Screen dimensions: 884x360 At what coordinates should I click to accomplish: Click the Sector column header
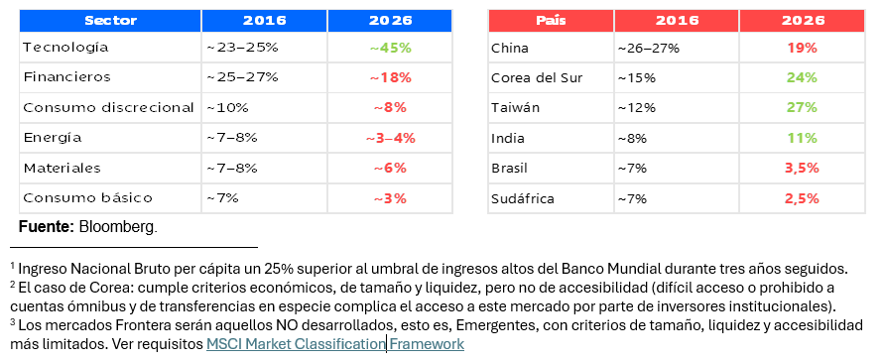(x=110, y=21)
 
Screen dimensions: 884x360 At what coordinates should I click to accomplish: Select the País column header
(x=551, y=21)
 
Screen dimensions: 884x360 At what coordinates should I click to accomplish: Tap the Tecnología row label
(x=65, y=48)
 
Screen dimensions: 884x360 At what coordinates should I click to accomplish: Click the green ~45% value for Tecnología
(x=390, y=48)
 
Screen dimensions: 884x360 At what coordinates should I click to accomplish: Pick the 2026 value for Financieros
(x=390, y=77)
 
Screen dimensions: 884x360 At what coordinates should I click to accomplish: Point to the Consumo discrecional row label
(x=108, y=108)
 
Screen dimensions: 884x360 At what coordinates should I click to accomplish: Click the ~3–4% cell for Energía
(x=390, y=138)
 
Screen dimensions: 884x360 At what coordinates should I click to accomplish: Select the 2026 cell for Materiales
(x=390, y=168)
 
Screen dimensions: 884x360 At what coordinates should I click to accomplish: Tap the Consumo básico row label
(x=87, y=197)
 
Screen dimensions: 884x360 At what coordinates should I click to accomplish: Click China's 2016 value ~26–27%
(x=648, y=48)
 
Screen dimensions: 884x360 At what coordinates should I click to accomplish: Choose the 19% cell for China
(x=803, y=48)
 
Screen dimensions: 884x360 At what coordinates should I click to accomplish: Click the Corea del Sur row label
(x=537, y=77)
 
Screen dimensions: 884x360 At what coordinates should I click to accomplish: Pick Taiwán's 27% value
(x=803, y=108)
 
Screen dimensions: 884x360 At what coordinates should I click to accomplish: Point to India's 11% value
(x=803, y=138)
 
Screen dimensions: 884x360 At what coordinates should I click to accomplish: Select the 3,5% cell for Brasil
(x=803, y=168)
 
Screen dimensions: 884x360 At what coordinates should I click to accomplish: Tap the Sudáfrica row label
(x=523, y=198)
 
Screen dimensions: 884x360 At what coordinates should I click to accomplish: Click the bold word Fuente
(x=47, y=227)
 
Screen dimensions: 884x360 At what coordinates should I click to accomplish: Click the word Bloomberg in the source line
(x=118, y=228)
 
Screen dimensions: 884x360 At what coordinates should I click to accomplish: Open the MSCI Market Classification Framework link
(x=335, y=344)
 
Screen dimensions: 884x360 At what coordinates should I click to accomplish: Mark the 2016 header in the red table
(x=677, y=21)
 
